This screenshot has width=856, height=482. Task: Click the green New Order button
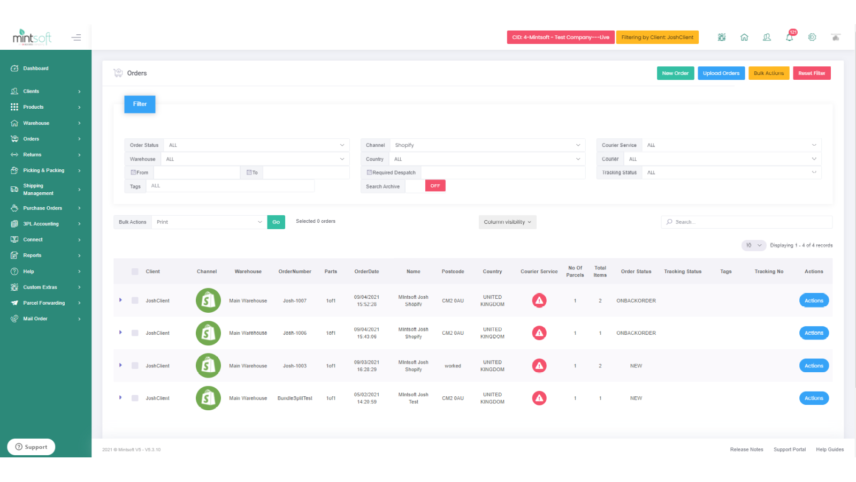[x=675, y=73]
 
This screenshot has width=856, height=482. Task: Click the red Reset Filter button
[x=811, y=73]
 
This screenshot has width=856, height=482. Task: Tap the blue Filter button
[x=140, y=104]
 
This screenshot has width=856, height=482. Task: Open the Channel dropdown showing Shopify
[x=486, y=145]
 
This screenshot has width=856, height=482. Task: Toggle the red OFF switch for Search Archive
[x=435, y=186]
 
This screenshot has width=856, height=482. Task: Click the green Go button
[x=276, y=222]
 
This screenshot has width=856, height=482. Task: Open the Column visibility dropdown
[x=507, y=222]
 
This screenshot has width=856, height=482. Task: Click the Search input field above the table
[x=749, y=222]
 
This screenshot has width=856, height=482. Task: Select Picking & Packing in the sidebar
[x=43, y=170]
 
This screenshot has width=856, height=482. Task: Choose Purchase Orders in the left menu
[x=42, y=208]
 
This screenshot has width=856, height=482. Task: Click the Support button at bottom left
[x=31, y=447]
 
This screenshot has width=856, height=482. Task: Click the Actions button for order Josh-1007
[x=813, y=300]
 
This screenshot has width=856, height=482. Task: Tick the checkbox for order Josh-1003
[x=135, y=366]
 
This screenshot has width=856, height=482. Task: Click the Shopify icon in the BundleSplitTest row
[x=208, y=398]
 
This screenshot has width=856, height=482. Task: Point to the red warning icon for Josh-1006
[x=539, y=333]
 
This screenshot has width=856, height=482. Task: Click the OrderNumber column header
[x=294, y=272]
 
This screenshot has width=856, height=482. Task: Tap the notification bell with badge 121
[x=789, y=37]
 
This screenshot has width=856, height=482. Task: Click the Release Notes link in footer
[x=746, y=450]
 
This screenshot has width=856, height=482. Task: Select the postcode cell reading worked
[x=453, y=366]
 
